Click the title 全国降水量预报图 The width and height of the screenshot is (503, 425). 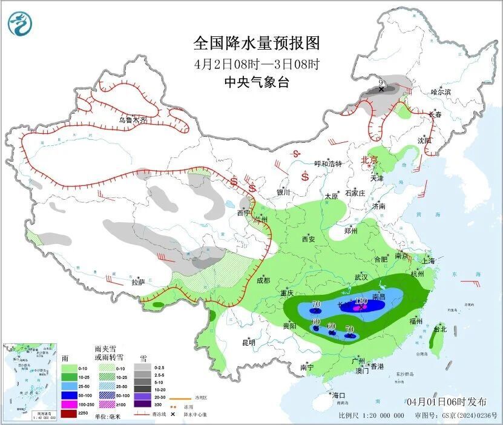[256, 43]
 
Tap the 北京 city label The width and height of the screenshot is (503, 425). [369, 160]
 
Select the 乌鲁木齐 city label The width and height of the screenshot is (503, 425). [133, 120]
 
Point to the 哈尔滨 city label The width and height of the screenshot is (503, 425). [441, 92]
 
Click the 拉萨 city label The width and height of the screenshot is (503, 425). [138, 282]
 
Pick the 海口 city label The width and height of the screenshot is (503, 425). [338, 395]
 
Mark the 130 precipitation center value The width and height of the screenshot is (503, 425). [361, 301]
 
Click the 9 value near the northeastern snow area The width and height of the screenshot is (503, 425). [381, 82]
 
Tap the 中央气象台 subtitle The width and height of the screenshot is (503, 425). [256, 82]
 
